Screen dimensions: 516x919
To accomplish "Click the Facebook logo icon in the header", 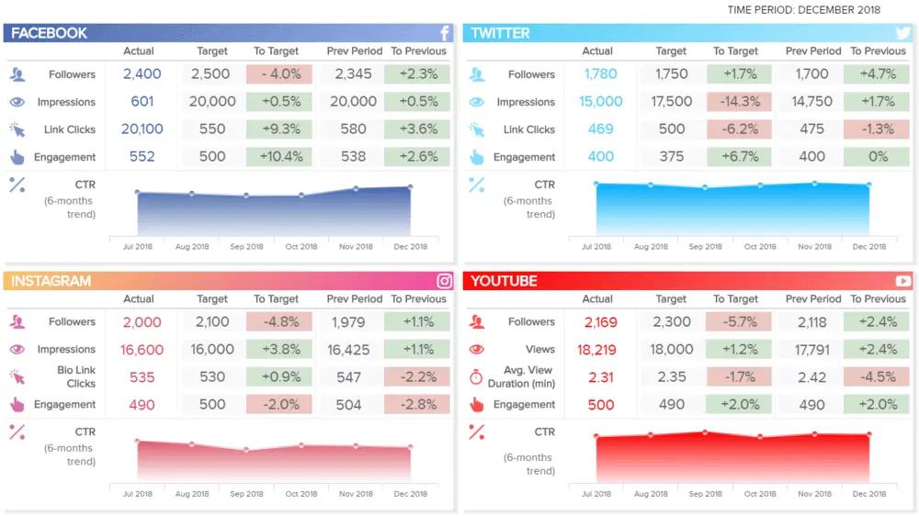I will tap(445, 33).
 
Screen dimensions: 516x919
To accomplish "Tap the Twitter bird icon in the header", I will tap(903, 33).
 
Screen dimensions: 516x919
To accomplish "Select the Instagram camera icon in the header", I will tap(445, 281).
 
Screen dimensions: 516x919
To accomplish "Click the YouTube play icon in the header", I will tap(903, 281).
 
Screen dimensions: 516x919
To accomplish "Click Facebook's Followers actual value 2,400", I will tap(142, 74).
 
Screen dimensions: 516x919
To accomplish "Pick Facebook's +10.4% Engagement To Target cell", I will tap(279, 157).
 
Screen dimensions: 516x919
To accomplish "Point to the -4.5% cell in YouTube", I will tap(877, 377).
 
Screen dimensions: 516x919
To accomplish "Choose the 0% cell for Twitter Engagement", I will tap(878, 157).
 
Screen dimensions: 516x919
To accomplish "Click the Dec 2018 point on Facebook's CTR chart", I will tap(410, 187).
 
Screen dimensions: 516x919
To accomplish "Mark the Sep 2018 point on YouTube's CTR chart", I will tap(705, 432).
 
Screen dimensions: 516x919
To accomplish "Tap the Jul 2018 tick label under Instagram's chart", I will tap(138, 494).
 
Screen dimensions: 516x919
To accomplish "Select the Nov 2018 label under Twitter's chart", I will tap(814, 246).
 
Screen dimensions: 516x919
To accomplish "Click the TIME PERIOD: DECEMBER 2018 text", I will tap(803, 10).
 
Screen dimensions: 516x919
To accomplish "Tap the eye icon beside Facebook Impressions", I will tap(17, 102).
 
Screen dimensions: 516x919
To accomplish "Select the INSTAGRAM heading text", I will tap(51, 281).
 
